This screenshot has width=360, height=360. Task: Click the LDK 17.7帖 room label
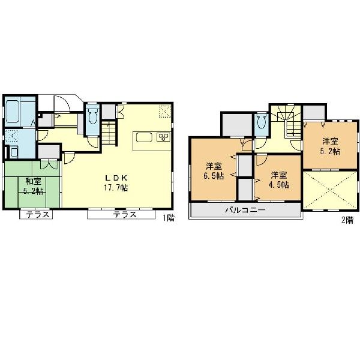(x=116, y=183)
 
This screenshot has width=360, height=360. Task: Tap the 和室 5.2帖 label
(x=34, y=186)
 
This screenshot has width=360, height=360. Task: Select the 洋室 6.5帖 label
(x=214, y=171)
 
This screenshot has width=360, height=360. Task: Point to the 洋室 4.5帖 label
(x=279, y=181)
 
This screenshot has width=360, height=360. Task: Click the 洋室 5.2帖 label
(x=331, y=146)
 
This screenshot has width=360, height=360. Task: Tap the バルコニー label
(x=245, y=210)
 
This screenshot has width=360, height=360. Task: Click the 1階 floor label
(x=169, y=218)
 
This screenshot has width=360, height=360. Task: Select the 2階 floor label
(x=347, y=220)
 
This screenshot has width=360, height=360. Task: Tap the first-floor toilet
(x=92, y=116)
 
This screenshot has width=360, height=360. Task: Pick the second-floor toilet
(x=262, y=121)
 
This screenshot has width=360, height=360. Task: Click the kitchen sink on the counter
(x=144, y=137)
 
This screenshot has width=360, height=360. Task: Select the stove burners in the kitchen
(x=163, y=137)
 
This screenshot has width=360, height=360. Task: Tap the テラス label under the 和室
(x=38, y=215)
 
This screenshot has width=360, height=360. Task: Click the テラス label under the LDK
(x=125, y=215)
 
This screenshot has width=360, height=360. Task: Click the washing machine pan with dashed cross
(x=11, y=136)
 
